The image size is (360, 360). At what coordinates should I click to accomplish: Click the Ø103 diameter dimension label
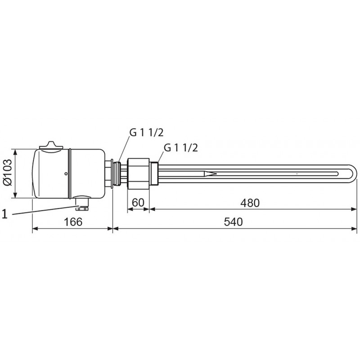click(8, 172)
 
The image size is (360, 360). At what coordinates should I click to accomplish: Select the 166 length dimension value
click(73, 222)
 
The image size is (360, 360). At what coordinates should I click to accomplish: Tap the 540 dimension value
click(233, 222)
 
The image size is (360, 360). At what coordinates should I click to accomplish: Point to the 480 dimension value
click(250, 203)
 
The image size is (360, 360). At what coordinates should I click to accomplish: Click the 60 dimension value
click(138, 202)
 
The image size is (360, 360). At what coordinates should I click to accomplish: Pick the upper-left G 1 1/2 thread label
click(147, 133)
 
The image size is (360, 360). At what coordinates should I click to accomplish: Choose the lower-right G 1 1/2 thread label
click(181, 148)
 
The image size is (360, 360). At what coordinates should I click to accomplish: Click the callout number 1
click(5, 215)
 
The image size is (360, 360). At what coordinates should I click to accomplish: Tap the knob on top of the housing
click(51, 145)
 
